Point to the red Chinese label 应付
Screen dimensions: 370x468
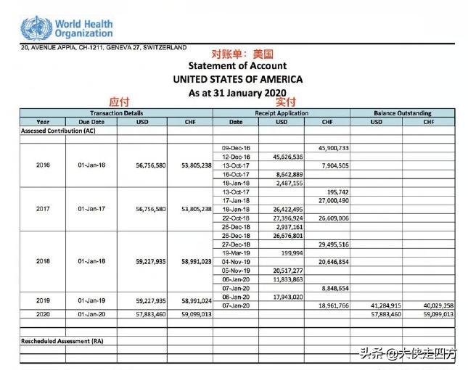click(118, 103)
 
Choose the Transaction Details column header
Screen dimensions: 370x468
click(116, 113)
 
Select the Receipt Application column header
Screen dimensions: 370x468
click(282, 113)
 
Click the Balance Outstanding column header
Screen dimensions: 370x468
click(402, 113)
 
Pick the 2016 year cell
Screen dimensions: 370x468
click(43, 165)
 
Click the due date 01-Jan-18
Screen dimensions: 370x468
click(91, 260)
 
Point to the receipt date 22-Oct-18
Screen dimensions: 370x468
click(236, 218)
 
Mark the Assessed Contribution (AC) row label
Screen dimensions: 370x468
click(57, 131)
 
